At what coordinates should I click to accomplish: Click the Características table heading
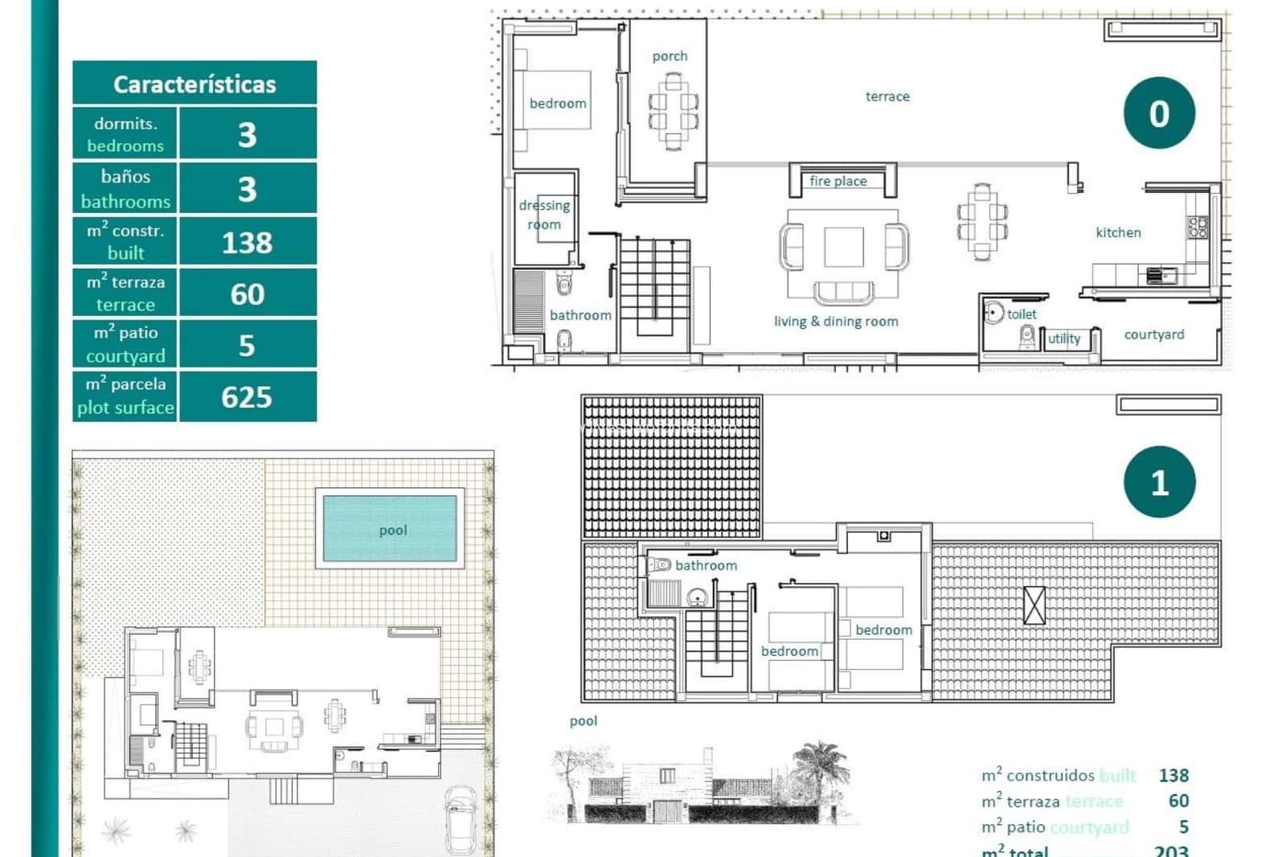(195, 84)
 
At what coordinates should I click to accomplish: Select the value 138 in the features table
(247, 242)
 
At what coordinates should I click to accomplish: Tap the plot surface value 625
(247, 396)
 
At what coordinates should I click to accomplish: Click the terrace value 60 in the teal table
(247, 293)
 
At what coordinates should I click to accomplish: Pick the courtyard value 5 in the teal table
(247, 345)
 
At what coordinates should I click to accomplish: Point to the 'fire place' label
(838, 181)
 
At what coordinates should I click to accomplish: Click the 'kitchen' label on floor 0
(1118, 232)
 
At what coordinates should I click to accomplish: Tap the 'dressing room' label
(544, 215)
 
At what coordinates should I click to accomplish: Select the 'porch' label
(670, 56)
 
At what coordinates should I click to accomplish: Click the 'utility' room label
(1064, 338)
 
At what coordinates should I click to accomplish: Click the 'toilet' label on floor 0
(1022, 314)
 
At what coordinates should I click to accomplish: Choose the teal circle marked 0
(1159, 113)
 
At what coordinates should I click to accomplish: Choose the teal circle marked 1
(1159, 482)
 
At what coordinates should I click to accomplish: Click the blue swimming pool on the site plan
(390, 528)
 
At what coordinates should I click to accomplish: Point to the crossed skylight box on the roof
(1034, 605)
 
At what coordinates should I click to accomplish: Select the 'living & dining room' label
(836, 321)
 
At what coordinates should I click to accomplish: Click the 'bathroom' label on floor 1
(706, 565)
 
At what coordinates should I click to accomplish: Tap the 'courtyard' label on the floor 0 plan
(1153, 334)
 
